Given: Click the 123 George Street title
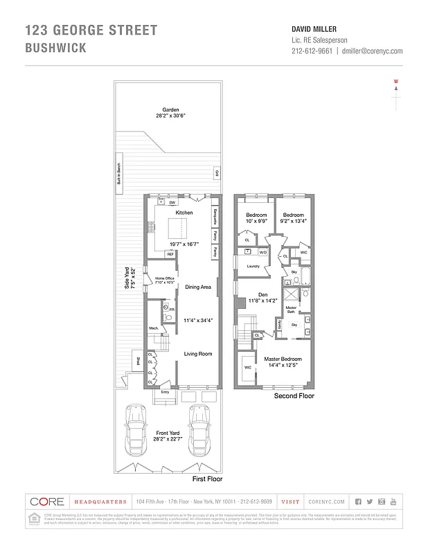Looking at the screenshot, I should [x=91, y=30].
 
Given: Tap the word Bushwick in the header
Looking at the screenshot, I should [x=56, y=48].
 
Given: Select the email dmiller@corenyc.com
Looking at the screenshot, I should [x=373, y=51].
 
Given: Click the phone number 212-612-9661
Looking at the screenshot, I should [x=312, y=51].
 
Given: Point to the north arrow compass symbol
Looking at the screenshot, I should [x=396, y=97].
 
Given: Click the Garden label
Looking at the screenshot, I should [x=170, y=110].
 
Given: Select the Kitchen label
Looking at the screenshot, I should [x=184, y=213].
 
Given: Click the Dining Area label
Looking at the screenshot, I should [x=197, y=287].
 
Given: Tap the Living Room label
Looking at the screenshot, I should [x=197, y=354].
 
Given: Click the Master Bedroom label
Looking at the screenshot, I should [x=283, y=359].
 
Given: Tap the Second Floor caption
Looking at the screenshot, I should [x=294, y=396].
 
